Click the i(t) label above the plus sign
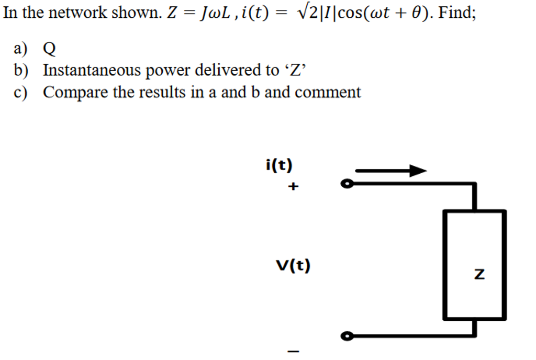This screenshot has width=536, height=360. pyautogui.click(x=279, y=165)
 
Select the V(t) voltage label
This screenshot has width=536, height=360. pyautogui.click(x=293, y=266)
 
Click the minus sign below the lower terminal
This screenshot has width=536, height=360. pyautogui.click(x=294, y=351)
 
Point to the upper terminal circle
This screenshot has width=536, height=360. pyautogui.click(x=346, y=184)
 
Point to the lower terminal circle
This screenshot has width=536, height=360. pyautogui.click(x=346, y=336)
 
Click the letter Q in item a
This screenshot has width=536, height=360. pyautogui.click(x=49, y=49)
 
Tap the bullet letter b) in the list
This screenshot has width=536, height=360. pyautogui.click(x=22, y=70)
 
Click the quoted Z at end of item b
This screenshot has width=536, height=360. pyautogui.click(x=297, y=70)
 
